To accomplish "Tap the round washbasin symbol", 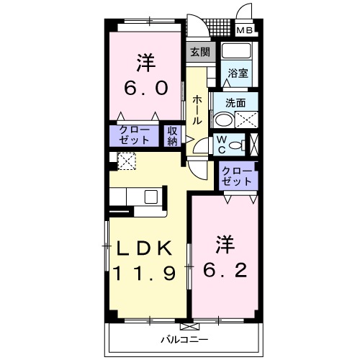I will (x=224, y=120).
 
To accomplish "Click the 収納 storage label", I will (x=173, y=136).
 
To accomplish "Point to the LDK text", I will (x=144, y=248).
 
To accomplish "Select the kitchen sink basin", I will (x=152, y=197).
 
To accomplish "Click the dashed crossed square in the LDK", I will (x=126, y=162).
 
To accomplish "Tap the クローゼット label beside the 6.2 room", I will (x=237, y=175).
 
